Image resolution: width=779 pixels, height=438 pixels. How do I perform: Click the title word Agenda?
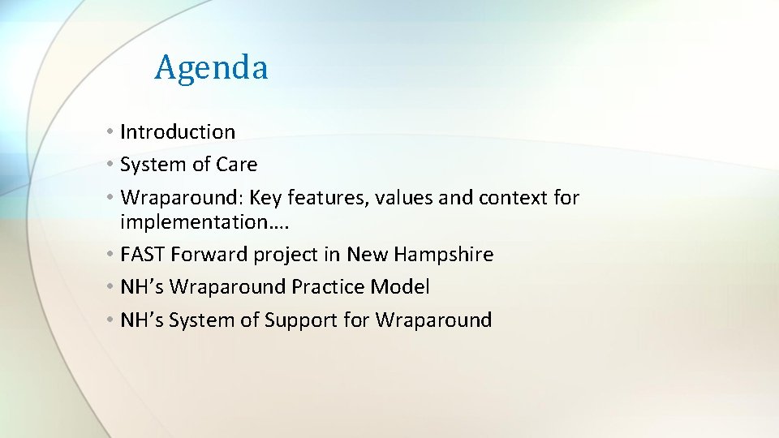coord(211,67)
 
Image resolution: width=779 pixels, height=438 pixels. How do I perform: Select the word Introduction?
coord(178,131)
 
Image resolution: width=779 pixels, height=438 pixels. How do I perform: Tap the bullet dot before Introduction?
coord(110,132)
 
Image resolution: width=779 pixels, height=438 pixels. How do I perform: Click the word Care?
coord(236,164)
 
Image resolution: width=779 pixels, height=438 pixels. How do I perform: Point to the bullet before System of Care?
coord(110,165)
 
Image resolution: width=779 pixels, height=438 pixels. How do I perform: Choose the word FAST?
coord(142,254)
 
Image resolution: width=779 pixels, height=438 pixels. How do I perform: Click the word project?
coord(286,255)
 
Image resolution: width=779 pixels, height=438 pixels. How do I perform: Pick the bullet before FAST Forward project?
coord(110,255)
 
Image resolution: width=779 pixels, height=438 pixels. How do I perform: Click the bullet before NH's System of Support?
coord(110,320)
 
